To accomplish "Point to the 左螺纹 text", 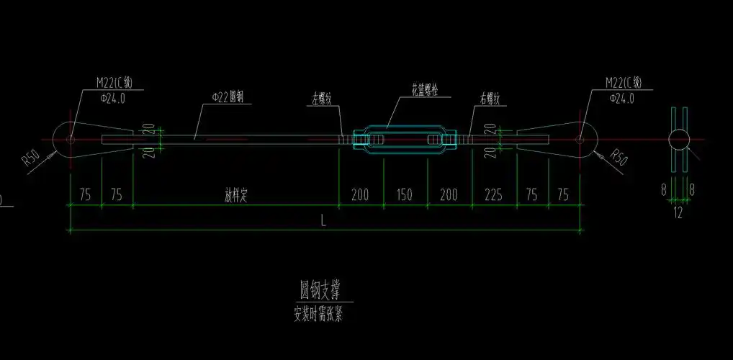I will coord(322,100).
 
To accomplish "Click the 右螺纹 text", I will coord(490,99).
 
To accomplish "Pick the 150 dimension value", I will coord(405,195).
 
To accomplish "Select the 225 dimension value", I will coord(493,195).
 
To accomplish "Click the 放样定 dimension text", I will coord(235,195).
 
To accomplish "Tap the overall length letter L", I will coord(323,222).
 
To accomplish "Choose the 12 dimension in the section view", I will coord(678,212).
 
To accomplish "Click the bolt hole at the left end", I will coord(71,139).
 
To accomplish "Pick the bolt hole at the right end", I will coord(580,139).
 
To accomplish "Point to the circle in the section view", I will coord(679,138).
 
